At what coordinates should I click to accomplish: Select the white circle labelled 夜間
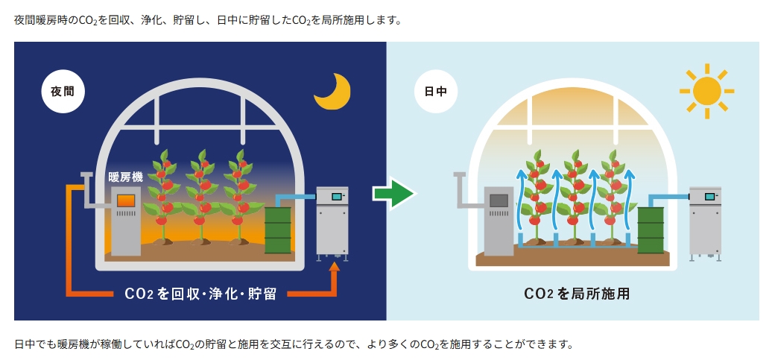(63, 92)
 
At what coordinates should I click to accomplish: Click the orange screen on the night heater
(126, 200)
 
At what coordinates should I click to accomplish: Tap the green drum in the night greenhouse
(278, 230)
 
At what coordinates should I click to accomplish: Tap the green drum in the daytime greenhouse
(650, 230)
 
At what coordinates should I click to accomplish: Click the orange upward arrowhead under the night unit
(335, 267)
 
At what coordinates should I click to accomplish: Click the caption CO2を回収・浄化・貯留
(200, 294)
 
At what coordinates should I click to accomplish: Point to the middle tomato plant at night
(200, 198)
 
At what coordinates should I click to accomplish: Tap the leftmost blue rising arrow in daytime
(521, 201)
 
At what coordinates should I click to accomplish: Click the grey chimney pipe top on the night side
(86, 176)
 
